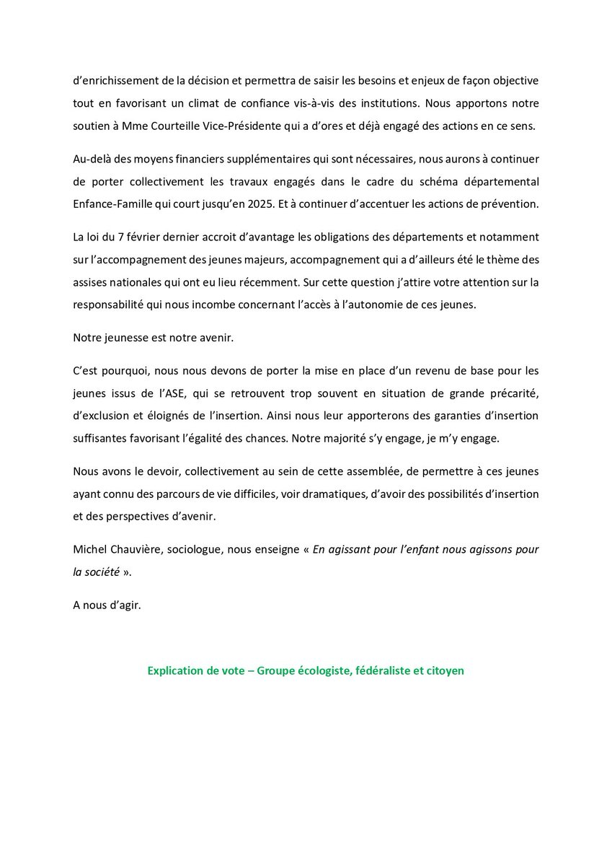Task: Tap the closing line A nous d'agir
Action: click(107, 605)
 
